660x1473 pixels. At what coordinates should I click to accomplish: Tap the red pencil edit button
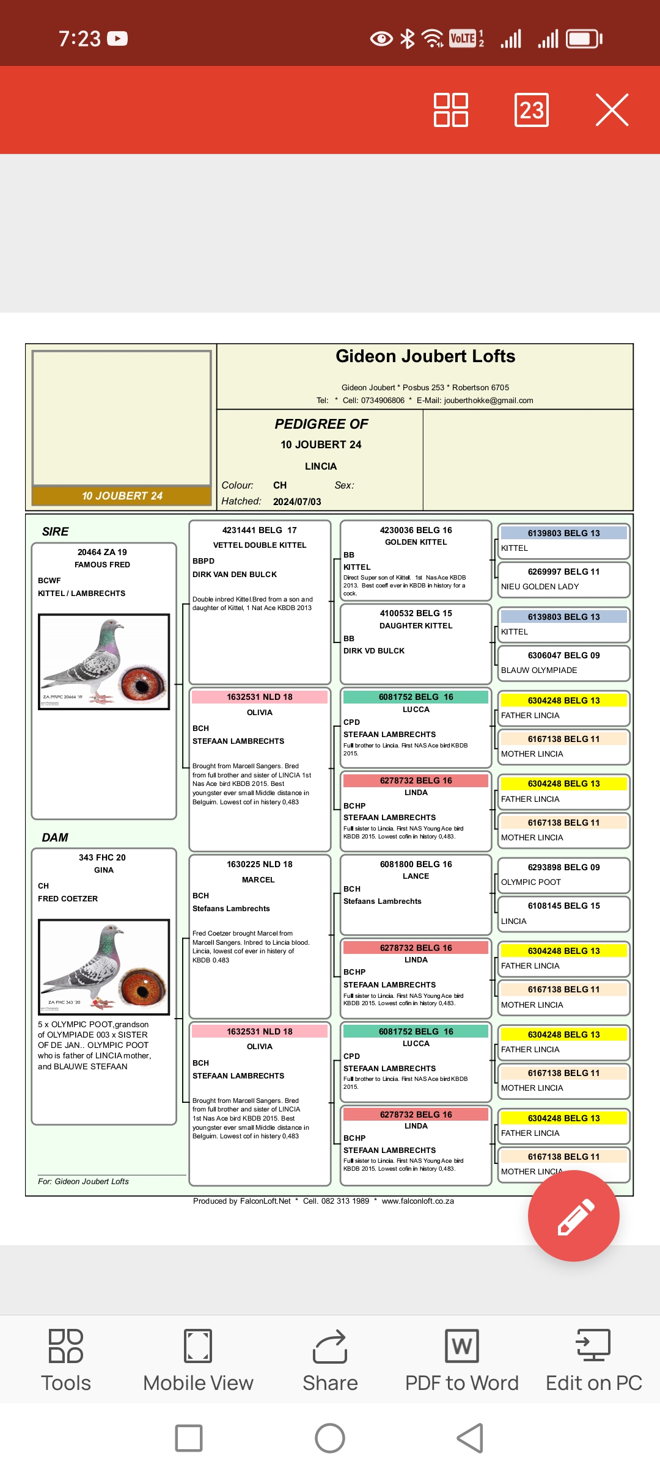pyautogui.click(x=573, y=1215)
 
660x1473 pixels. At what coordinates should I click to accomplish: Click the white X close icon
pyautogui.click(x=612, y=110)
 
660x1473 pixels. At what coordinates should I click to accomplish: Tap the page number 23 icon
pyautogui.click(x=531, y=110)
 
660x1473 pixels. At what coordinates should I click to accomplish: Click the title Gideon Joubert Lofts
pyautogui.click(x=425, y=357)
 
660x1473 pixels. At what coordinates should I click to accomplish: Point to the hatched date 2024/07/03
pyautogui.click(x=297, y=502)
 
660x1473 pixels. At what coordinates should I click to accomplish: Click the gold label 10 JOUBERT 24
pyautogui.click(x=122, y=496)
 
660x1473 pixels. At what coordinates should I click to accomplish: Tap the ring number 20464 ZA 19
pyautogui.click(x=102, y=552)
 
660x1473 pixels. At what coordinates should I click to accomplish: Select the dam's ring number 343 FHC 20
pyautogui.click(x=102, y=857)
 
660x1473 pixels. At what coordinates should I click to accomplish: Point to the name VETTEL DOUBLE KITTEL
pyautogui.click(x=260, y=545)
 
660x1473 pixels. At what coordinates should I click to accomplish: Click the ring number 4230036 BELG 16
pyautogui.click(x=416, y=530)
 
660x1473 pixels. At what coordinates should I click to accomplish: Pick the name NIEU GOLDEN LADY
pyautogui.click(x=540, y=587)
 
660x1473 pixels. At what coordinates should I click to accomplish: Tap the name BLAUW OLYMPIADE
pyautogui.click(x=539, y=671)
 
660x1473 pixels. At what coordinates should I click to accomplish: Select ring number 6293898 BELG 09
pyautogui.click(x=563, y=867)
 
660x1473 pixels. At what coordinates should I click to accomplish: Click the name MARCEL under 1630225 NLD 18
pyautogui.click(x=258, y=880)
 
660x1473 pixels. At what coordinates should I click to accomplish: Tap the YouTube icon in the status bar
pyautogui.click(x=117, y=38)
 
